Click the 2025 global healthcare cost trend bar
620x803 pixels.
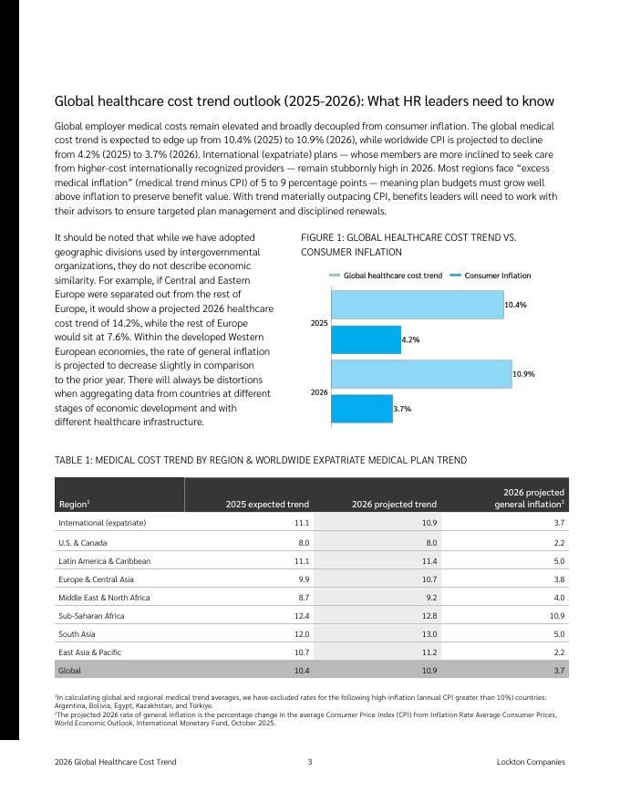(x=417, y=305)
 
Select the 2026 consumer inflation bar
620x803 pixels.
(x=361, y=409)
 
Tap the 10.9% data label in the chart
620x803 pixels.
(x=523, y=374)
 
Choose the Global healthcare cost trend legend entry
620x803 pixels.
(x=387, y=276)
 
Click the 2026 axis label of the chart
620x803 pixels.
(x=319, y=391)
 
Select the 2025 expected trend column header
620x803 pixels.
(x=272, y=504)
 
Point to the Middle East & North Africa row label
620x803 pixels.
(x=104, y=598)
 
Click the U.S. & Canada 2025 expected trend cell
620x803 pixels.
(x=304, y=542)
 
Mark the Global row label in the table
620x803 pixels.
(x=69, y=671)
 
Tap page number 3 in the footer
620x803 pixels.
(x=310, y=761)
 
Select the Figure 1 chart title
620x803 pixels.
(x=408, y=245)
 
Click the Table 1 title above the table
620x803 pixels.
(x=261, y=460)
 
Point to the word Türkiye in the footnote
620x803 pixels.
(x=199, y=705)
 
